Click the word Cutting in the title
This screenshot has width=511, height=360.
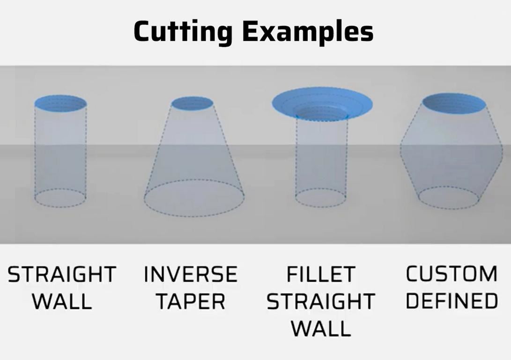183,31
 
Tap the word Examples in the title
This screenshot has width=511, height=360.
308,31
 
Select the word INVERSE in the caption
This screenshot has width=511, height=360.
191,274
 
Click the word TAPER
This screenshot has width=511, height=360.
191,301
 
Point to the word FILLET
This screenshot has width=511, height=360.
321,274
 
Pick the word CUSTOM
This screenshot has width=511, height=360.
452,274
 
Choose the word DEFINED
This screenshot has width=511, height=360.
452,300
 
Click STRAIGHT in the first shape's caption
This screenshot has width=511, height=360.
62,274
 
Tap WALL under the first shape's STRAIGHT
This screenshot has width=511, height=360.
62,301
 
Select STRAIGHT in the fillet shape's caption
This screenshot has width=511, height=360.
321,301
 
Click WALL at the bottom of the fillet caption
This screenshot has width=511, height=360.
321,329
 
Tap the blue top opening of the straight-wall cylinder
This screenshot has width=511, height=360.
60,104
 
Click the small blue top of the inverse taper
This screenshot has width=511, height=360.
193,104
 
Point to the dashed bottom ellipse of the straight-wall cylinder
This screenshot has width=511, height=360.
60,207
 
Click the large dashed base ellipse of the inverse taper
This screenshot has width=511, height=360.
194,216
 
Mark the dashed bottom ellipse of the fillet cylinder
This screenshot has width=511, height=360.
321,207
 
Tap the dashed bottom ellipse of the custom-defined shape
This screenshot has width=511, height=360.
448,209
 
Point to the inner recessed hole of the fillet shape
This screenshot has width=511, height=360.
322,113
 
